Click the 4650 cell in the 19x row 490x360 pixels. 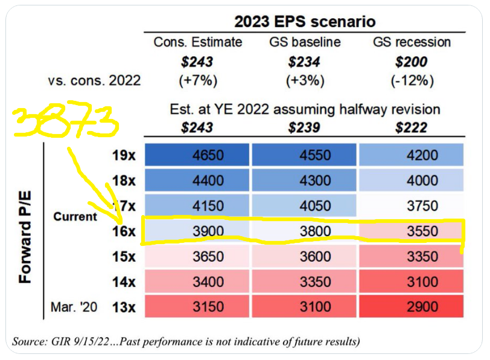click(x=196, y=155)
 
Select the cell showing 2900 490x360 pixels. click(x=410, y=307)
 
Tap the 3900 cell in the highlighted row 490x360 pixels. click(x=196, y=231)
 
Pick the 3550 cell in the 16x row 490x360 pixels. click(x=410, y=231)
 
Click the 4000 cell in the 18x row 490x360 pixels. click(x=410, y=181)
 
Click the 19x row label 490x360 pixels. click(x=124, y=155)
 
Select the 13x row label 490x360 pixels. click(x=124, y=307)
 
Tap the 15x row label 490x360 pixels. click(x=124, y=257)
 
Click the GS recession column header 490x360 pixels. click(x=411, y=42)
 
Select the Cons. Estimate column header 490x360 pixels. click(x=198, y=42)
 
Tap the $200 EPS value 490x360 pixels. click(x=411, y=61)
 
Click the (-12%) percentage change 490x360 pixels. click(x=411, y=80)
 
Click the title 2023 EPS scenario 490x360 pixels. click(x=304, y=21)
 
